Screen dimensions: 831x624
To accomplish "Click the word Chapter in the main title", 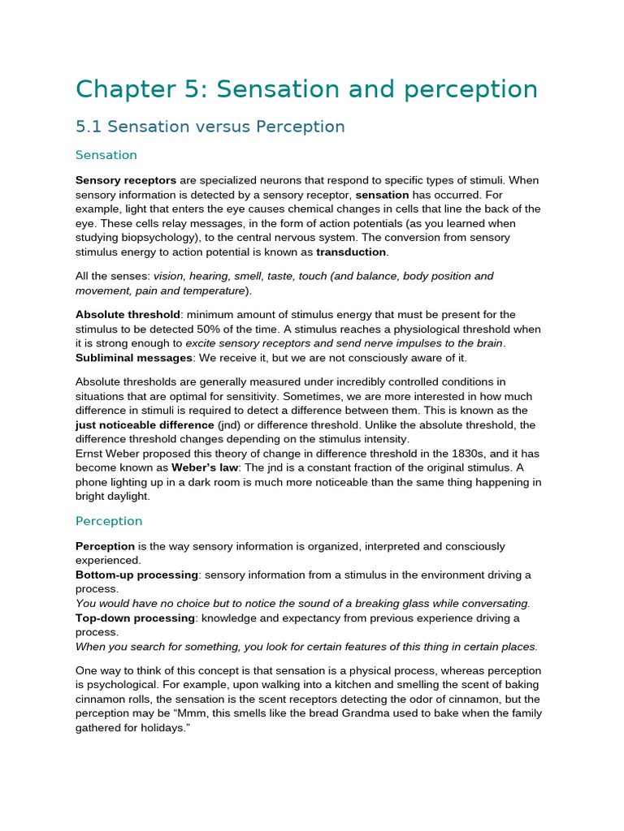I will click(123, 89).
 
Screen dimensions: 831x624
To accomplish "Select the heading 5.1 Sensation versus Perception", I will click(210, 127).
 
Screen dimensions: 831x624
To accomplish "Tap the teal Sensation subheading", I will click(106, 155).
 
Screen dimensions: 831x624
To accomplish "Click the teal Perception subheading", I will click(108, 521).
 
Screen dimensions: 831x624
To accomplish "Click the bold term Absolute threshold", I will click(127, 315).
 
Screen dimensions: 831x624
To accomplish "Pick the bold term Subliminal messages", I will click(133, 358).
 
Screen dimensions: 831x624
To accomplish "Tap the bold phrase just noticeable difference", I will click(145, 425).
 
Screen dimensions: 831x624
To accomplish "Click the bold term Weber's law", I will click(203, 468).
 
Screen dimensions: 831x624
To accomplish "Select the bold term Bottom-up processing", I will click(136, 575).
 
